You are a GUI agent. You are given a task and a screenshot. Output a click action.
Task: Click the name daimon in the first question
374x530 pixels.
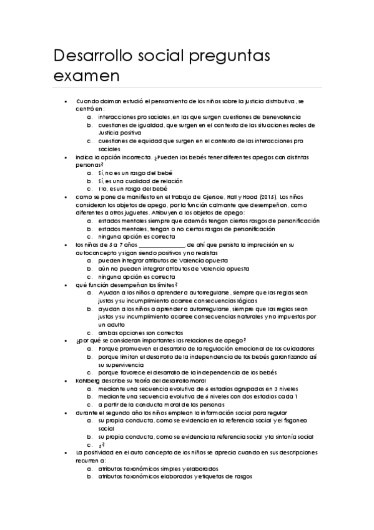[112, 101]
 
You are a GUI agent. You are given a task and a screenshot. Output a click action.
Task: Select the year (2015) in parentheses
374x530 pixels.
[265, 196]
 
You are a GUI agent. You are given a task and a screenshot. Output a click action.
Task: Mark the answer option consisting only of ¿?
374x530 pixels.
[100, 445]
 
